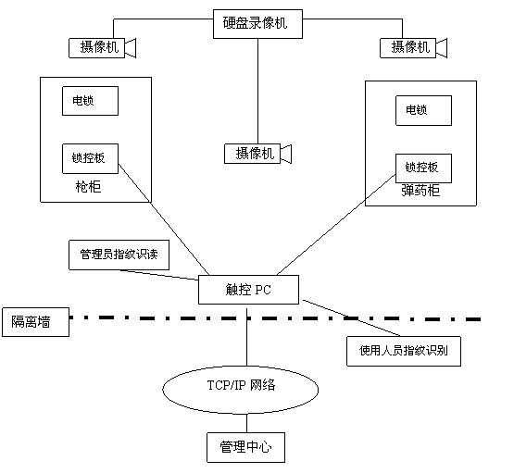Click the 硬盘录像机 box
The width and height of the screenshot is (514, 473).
[257, 24]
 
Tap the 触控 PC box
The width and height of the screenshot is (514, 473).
[248, 290]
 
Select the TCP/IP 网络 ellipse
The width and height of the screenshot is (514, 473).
[240, 390]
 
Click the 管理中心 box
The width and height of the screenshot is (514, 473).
[245, 447]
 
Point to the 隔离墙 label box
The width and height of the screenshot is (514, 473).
[36, 322]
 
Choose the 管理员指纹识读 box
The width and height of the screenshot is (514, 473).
[119, 255]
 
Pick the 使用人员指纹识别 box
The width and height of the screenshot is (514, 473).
[404, 351]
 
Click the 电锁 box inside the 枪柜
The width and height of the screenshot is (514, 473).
[90, 101]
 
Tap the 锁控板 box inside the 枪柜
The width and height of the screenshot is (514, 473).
[90, 158]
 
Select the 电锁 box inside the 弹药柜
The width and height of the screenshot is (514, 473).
[423, 110]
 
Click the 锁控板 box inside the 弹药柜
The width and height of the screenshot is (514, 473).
[423, 168]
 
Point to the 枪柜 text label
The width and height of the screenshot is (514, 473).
[88, 187]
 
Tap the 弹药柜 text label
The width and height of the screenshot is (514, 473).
[420, 191]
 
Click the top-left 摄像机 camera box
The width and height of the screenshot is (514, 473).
[96, 48]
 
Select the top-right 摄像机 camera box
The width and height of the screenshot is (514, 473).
[407, 48]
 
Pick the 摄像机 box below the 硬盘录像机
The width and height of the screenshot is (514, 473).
[253, 154]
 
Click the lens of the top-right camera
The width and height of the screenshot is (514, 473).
[442, 48]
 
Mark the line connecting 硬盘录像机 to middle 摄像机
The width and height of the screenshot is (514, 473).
[257, 91]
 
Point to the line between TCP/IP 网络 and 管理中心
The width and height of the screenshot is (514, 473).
[246, 423]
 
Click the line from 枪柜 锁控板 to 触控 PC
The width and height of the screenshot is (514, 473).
[164, 219]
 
